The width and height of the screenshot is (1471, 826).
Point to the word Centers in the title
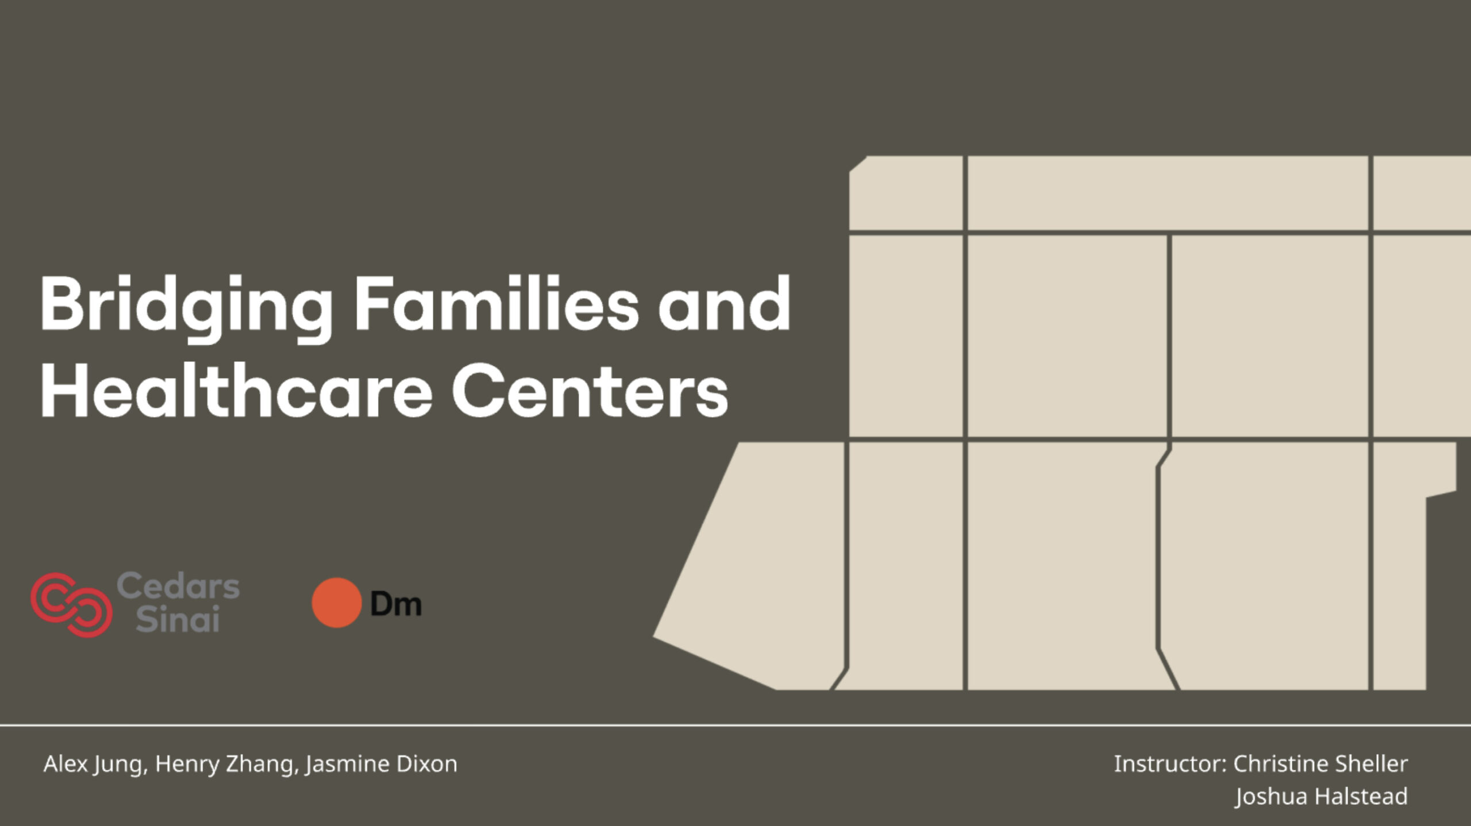(x=590, y=391)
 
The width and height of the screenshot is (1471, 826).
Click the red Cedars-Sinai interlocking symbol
(x=71, y=604)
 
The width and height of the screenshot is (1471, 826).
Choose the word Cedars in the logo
(x=178, y=586)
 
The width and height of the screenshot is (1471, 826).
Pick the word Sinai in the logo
(x=178, y=619)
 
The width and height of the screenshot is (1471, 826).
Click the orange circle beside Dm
(x=337, y=603)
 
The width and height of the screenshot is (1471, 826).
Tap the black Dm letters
(x=396, y=604)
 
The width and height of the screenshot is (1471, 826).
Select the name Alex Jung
(x=95, y=765)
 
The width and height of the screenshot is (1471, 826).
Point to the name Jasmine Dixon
(x=382, y=765)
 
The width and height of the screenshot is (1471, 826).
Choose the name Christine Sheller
(x=1320, y=764)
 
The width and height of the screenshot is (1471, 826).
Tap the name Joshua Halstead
(x=1322, y=797)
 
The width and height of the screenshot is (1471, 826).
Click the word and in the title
(x=725, y=303)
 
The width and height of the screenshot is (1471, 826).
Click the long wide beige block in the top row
(x=1168, y=193)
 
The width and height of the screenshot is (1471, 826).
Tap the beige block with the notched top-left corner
(x=906, y=193)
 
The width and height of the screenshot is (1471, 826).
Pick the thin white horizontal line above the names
(x=735, y=725)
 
